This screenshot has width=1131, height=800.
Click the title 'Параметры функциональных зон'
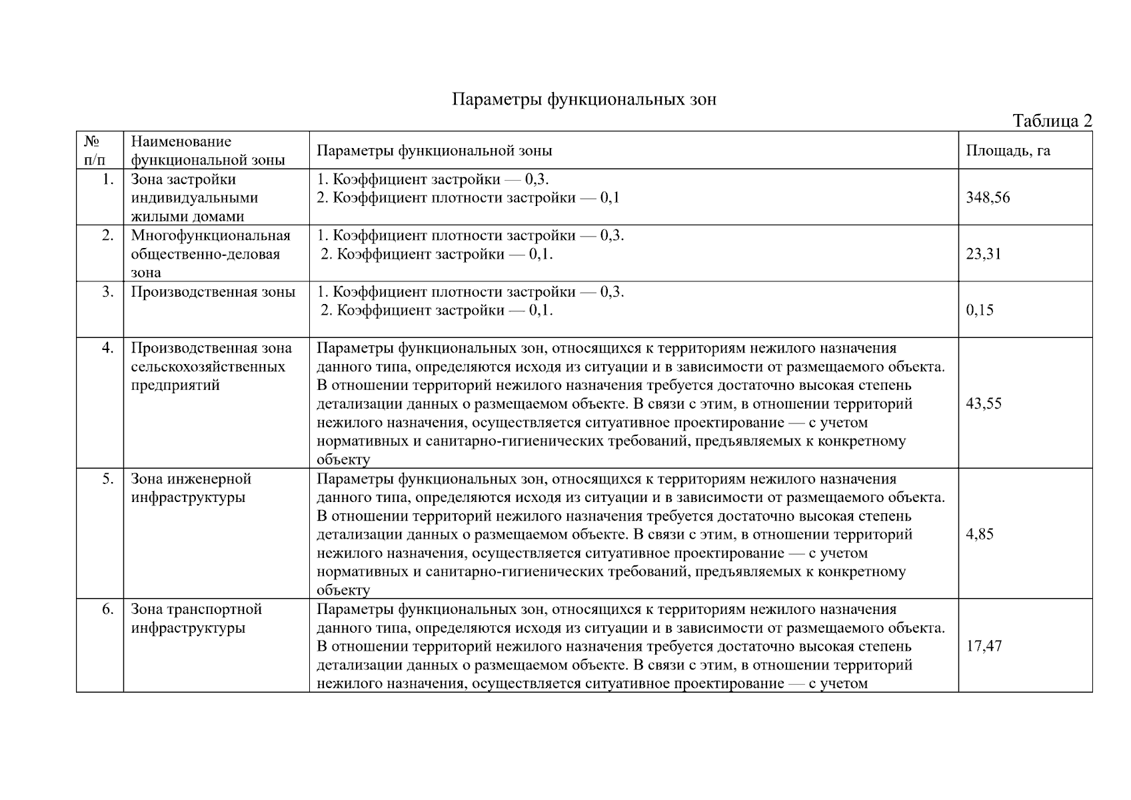pos(584,100)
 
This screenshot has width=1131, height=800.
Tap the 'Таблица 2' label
pos(1052,121)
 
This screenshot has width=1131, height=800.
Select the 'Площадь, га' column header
pos(1008,151)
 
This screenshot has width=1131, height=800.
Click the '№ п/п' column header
pos(94,151)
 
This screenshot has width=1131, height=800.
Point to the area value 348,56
pos(988,197)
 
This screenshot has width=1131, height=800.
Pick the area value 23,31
pos(983,254)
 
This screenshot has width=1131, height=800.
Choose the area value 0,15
pos(979,310)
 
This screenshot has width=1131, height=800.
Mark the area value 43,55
pos(983,403)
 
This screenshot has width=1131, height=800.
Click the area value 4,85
pos(979,534)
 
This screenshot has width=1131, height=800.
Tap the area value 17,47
pos(983,646)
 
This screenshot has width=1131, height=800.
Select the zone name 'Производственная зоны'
pos(213,292)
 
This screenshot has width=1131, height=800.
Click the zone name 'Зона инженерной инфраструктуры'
pos(191,488)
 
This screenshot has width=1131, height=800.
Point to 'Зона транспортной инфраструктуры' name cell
pos(196,619)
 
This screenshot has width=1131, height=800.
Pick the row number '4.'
pos(108,348)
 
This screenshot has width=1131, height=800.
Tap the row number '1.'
pos(108,179)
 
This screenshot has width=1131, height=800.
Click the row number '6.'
pos(108,609)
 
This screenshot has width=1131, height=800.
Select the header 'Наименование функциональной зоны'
pos(207,151)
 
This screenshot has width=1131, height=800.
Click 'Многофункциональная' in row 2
pos(211,235)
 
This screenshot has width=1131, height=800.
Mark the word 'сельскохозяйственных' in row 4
pos(208,367)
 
